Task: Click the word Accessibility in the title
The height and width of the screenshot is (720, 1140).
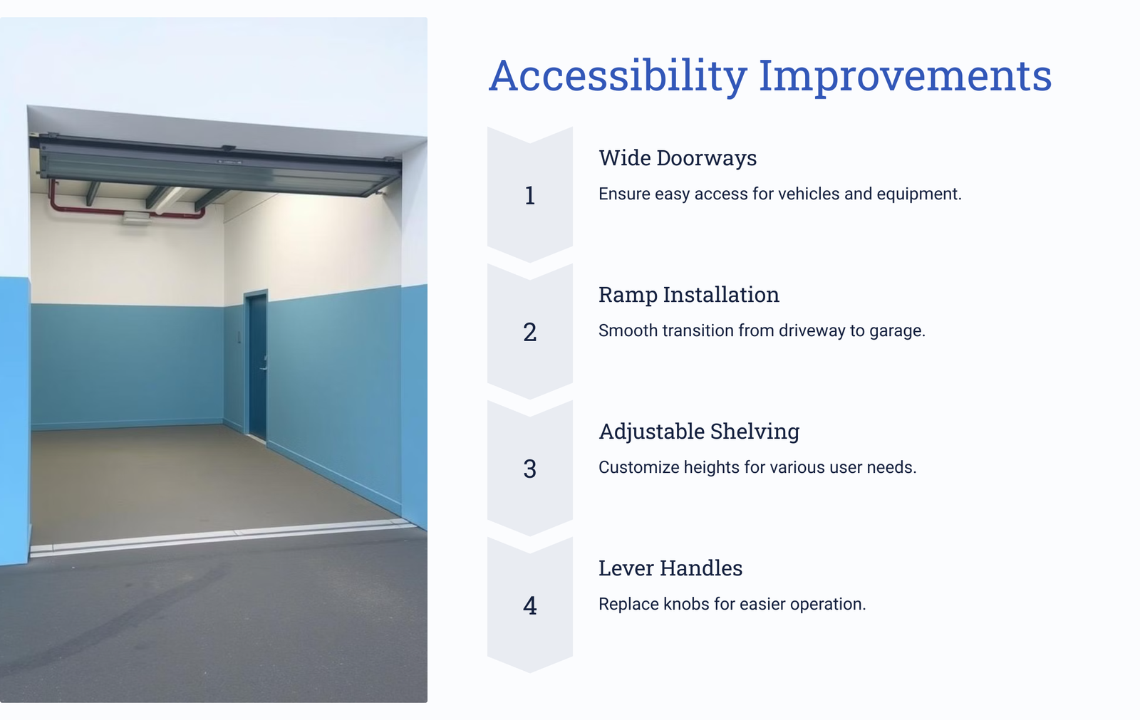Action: (x=618, y=75)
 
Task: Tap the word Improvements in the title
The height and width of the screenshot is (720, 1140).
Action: (x=906, y=75)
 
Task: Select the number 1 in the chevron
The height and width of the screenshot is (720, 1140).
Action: (x=530, y=195)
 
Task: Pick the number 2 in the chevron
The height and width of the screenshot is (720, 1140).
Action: (x=530, y=333)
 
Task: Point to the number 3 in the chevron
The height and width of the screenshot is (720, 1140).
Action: (x=530, y=469)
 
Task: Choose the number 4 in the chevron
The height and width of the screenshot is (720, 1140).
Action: (x=530, y=605)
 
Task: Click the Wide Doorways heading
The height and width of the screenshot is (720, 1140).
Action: (x=678, y=158)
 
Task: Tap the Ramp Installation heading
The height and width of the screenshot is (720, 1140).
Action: (x=688, y=295)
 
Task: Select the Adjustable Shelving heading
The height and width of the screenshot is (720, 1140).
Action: (x=699, y=432)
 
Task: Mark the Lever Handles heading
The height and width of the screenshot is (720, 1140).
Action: (x=670, y=568)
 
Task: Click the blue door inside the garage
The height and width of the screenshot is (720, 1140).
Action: (x=256, y=365)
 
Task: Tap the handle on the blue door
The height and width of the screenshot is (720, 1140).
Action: (x=263, y=367)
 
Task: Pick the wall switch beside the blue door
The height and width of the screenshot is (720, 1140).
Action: (x=239, y=336)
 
